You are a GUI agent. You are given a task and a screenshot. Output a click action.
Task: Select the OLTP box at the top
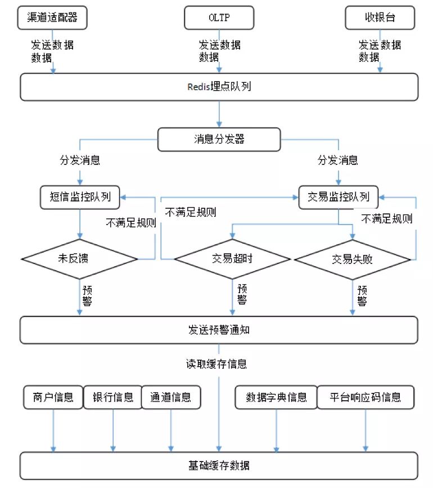click(219, 17)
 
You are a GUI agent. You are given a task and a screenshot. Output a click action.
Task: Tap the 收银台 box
click(380, 17)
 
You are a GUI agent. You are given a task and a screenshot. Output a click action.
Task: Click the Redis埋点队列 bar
click(219, 87)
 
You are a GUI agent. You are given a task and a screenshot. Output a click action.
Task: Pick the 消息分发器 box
click(219, 140)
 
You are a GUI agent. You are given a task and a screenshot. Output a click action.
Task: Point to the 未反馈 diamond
click(79, 259)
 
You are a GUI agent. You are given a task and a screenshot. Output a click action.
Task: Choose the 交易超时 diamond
click(232, 259)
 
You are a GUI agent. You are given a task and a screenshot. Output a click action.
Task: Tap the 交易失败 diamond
click(353, 259)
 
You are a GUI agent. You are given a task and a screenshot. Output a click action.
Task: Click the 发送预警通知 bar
click(219, 329)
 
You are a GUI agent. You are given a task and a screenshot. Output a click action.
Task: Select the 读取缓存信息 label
click(216, 364)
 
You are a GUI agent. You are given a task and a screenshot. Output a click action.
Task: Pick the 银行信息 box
click(112, 397)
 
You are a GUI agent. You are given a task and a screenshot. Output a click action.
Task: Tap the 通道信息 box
click(170, 397)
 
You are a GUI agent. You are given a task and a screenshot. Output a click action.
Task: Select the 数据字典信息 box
click(276, 397)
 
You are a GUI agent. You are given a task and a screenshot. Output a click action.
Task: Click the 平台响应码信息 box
click(366, 397)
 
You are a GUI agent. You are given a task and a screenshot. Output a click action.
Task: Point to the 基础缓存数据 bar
click(219, 465)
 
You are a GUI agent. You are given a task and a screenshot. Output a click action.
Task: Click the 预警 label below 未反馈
click(87, 296)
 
